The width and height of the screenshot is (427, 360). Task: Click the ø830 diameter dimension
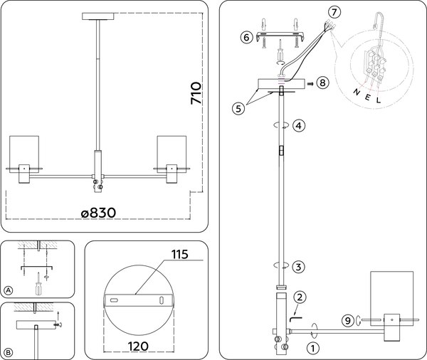(x=99, y=212)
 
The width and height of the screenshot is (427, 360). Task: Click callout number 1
(x=311, y=349)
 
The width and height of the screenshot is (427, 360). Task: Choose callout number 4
(x=300, y=125)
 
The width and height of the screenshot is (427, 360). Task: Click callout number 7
(x=334, y=13)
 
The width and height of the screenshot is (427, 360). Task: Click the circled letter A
(x=9, y=290)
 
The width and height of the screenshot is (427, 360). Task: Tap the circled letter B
(x=9, y=352)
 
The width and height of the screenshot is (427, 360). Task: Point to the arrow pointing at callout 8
(x=310, y=83)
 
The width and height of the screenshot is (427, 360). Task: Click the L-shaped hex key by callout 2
(x=294, y=311)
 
